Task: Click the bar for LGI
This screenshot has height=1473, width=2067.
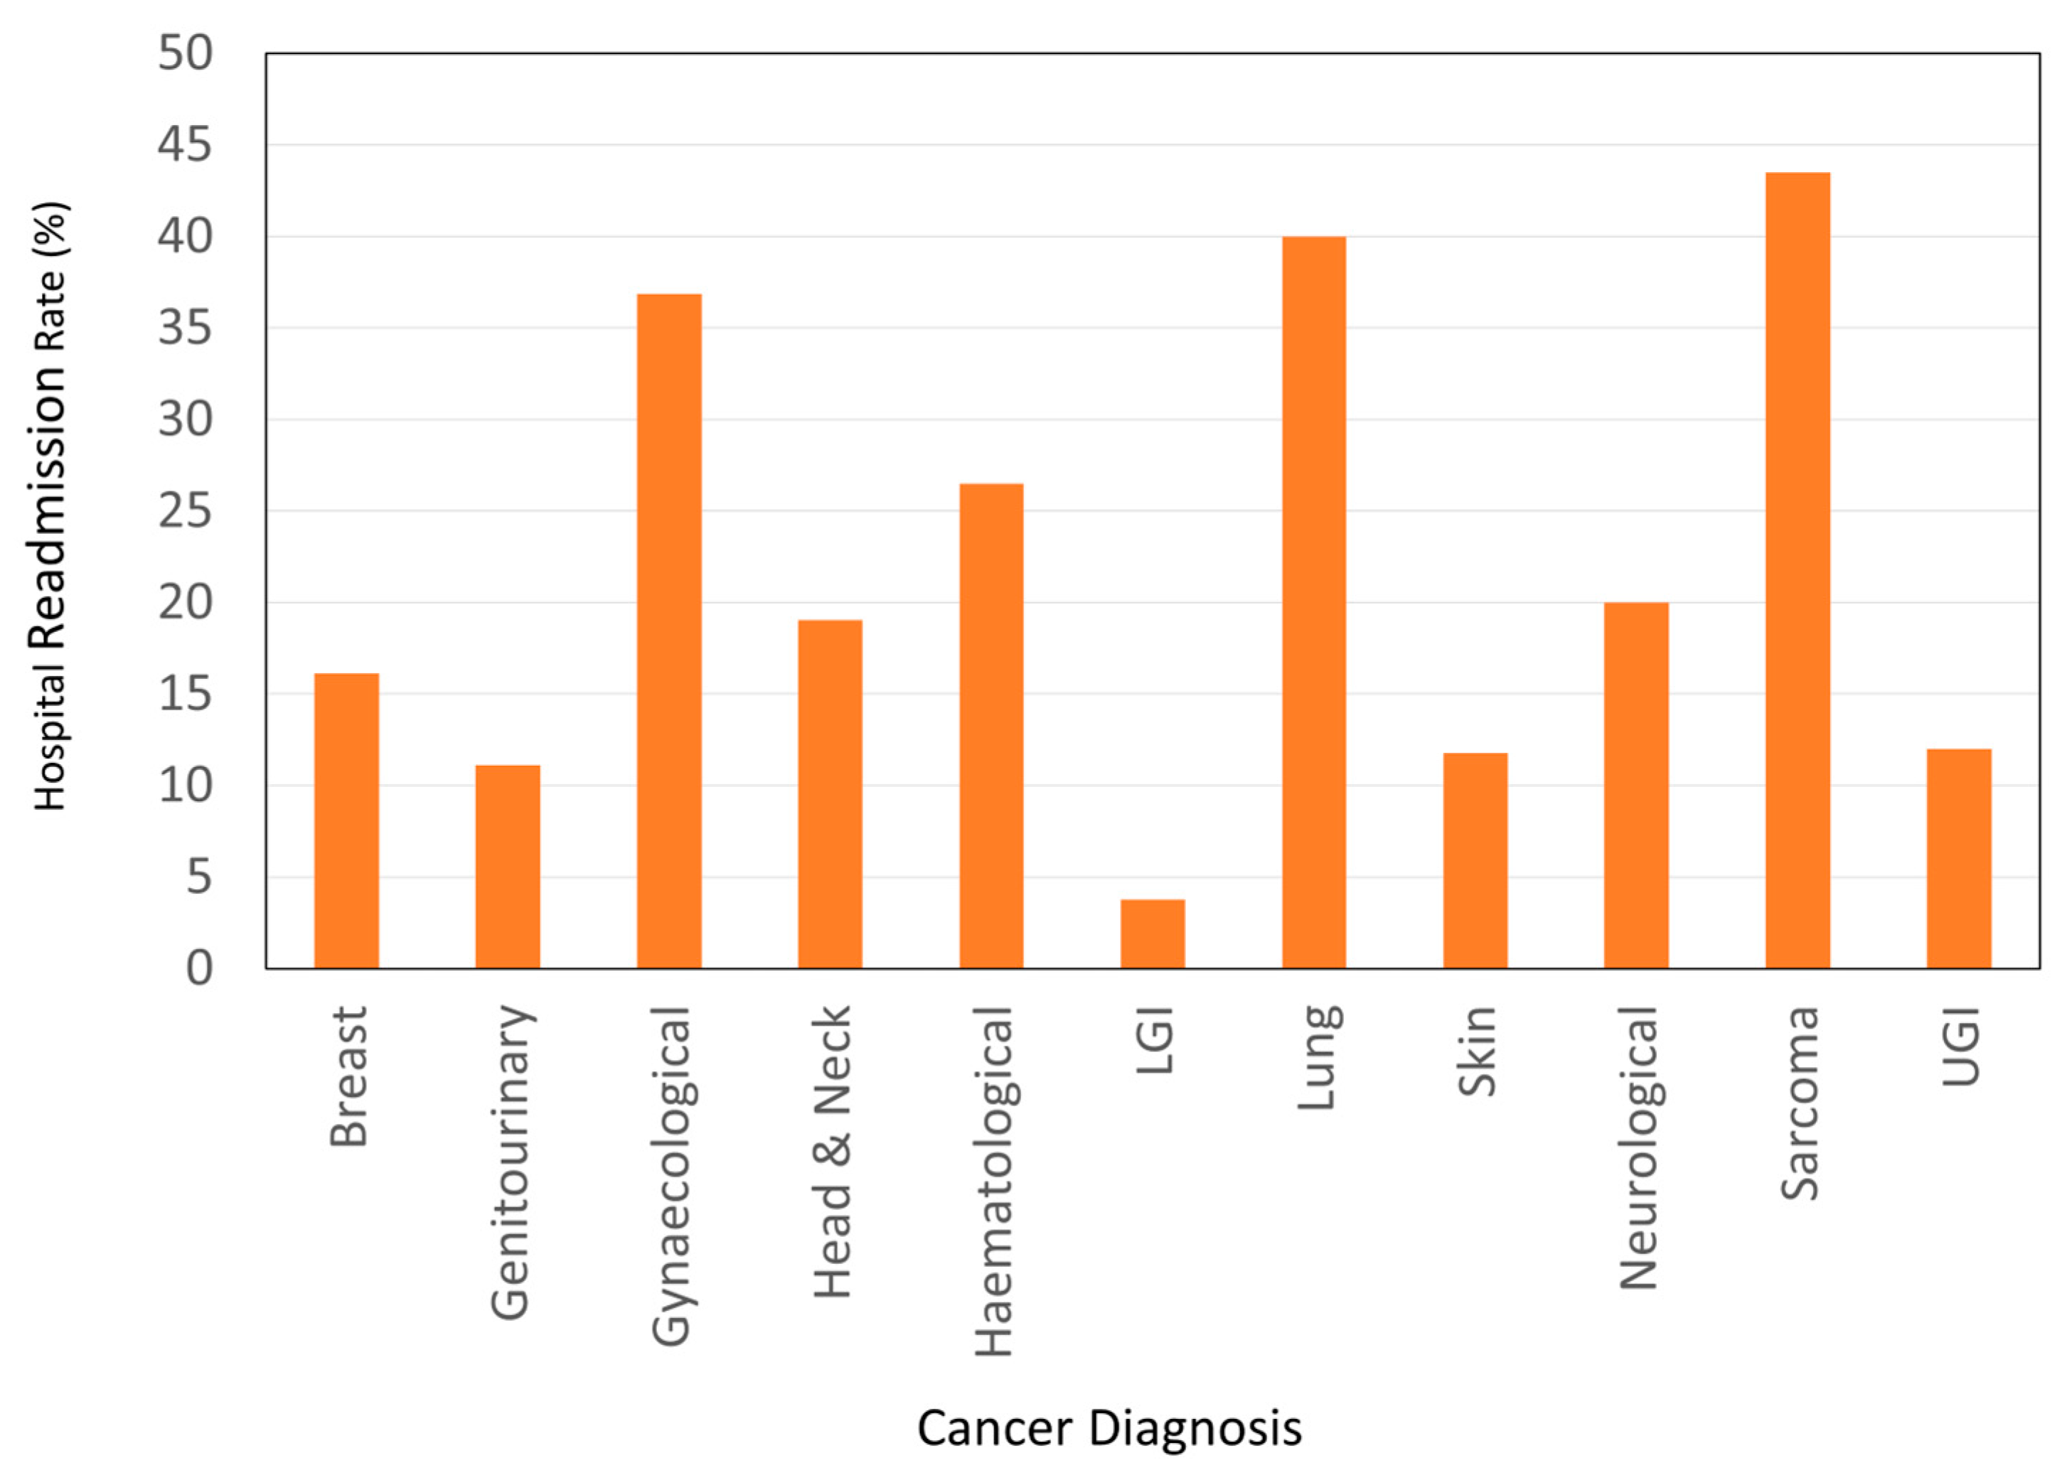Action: [x=1152, y=933]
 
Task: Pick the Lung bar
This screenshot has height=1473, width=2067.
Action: [x=1313, y=602]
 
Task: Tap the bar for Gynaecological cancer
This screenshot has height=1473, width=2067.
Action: [x=668, y=631]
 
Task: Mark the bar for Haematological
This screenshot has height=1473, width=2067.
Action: [x=991, y=726]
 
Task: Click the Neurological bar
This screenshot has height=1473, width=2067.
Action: [x=1635, y=785]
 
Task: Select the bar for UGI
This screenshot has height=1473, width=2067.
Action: [x=1958, y=858]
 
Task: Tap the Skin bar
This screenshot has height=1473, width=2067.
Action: [x=1475, y=860]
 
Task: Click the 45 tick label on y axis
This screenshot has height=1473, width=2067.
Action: [x=185, y=145]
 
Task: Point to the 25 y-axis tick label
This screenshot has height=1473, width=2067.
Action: [x=185, y=512]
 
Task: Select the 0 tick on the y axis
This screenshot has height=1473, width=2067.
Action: [x=200, y=969]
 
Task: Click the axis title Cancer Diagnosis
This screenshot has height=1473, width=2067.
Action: [x=1109, y=1428]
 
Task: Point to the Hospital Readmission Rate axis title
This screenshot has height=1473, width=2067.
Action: [x=50, y=505]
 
